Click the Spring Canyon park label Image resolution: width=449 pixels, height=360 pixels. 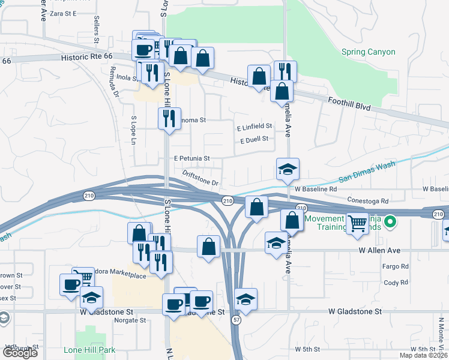point(369,52)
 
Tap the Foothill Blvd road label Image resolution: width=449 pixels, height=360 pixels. point(349,105)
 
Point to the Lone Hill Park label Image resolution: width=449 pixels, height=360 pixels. point(89,349)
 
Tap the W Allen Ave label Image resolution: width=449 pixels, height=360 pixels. point(379,250)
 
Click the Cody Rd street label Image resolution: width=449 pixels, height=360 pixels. point(396,282)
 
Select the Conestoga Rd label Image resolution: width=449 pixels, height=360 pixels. point(367,200)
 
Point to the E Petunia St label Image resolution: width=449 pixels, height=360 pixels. point(191,158)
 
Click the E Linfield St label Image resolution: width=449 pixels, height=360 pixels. point(254,127)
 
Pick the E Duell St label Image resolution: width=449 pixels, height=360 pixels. point(253,140)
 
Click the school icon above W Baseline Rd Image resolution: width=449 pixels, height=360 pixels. point(288,169)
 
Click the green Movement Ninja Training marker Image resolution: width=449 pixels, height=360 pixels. point(390,223)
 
